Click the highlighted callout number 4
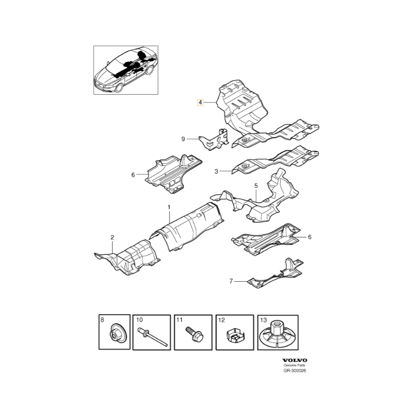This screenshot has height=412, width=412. click(200, 102)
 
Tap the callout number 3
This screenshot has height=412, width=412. click(216, 171)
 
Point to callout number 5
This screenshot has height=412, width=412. click(255, 185)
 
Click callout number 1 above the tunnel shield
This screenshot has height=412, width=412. click(168, 207)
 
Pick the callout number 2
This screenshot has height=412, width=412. click(112, 237)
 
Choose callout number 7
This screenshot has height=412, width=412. click(231, 281)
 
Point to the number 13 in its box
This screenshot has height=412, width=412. click(264, 320)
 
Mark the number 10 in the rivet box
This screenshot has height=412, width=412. click(139, 320)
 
